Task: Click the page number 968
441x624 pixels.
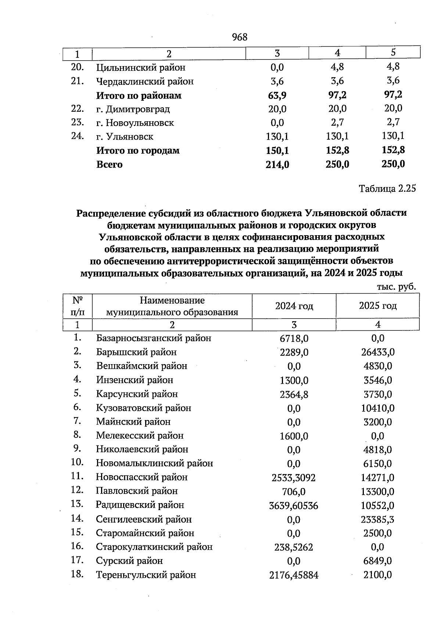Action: pyautogui.click(x=240, y=37)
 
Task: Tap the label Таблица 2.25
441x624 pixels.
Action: pyautogui.click(x=387, y=189)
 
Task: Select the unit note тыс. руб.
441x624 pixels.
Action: pyautogui.click(x=396, y=286)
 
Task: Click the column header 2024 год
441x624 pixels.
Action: pyautogui.click(x=294, y=306)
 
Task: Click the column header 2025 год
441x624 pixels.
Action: pyautogui.click(x=377, y=306)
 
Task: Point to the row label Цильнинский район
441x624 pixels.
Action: pyautogui.click(x=141, y=68)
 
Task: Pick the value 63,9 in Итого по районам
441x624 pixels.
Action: pyautogui.click(x=277, y=96)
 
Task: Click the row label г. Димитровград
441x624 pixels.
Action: pyautogui.click(x=133, y=109)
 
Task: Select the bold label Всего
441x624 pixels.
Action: pyautogui.click(x=109, y=164)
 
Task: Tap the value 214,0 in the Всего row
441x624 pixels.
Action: pyautogui.click(x=277, y=165)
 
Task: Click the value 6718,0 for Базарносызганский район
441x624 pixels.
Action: pyautogui.click(x=294, y=338)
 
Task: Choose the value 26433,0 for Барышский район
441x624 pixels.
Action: pyautogui.click(x=378, y=352)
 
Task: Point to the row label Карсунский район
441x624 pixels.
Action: pyautogui.click(x=137, y=394)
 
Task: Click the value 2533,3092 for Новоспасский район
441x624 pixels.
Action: pyautogui.click(x=294, y=477)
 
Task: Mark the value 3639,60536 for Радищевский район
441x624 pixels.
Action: pyautogui.click(x=294, y=506)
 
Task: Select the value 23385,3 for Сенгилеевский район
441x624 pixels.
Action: pyautogui.click(x=378, y=519)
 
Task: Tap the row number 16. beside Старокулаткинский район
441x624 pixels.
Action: pyautogui.click(x=78, y=546)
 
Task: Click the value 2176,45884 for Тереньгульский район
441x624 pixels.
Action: pyautogui.click(x=294, y=575)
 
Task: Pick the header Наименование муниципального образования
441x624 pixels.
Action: pyautogui.click(x=172, y=306)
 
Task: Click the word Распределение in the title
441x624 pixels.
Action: pyautogui.click(x=111, y=213)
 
